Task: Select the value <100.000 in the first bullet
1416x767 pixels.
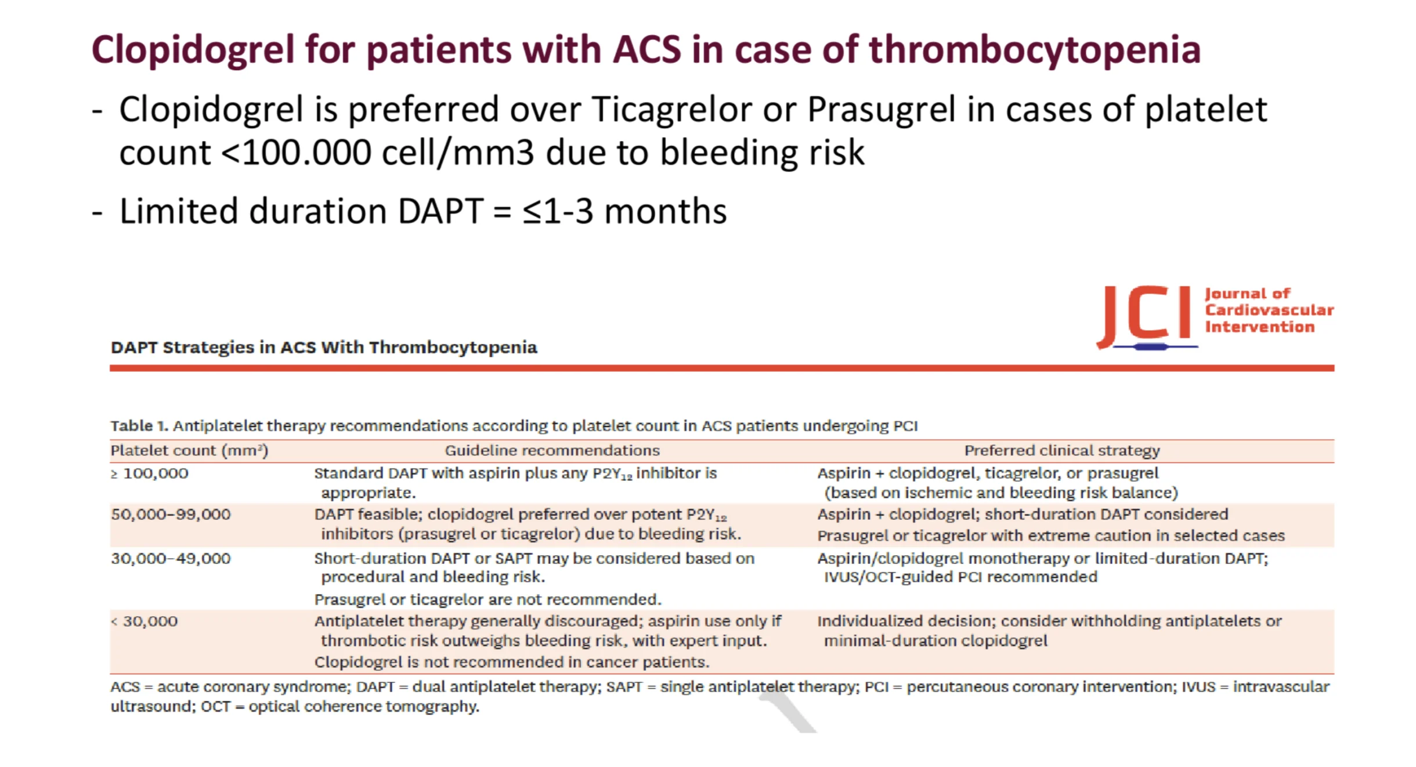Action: (297, 153)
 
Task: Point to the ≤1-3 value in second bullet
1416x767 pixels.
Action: (558, 211)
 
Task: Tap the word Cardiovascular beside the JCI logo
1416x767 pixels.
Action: (1269, 310)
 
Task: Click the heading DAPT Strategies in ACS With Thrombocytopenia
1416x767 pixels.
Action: (324, 347)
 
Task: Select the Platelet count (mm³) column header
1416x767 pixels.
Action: (189, 451)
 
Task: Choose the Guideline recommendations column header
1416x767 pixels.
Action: (552, 450)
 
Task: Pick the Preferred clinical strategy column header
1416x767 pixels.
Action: (1062, 451)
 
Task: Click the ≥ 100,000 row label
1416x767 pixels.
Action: (150, 473)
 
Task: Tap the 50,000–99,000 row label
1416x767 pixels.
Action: (171, 515)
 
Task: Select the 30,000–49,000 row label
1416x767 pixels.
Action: (171, 559)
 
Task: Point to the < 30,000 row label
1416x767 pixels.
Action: (145, 621)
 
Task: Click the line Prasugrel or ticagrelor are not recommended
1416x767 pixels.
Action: (487, 599)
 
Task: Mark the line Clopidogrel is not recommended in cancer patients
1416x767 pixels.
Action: (512, 662)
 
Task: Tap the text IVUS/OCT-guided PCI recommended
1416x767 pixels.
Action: (960, 577)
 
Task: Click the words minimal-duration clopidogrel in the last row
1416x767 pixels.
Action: (935, 641)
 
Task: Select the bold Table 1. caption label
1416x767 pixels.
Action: (139, 426)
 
